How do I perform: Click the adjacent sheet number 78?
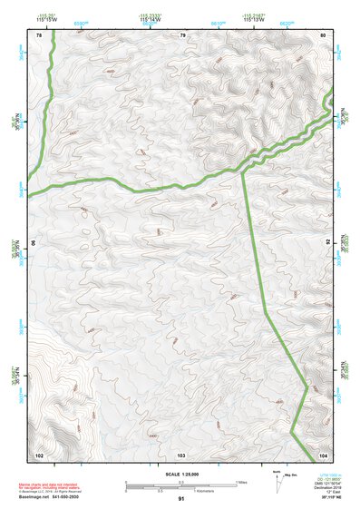39,35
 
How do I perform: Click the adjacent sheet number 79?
182,35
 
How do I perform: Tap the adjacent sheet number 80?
323,35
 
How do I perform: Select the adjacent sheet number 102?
39,454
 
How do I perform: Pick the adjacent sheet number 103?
181,454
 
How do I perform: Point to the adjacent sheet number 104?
323,454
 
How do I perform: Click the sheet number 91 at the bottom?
181,499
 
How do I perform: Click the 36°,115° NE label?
324,499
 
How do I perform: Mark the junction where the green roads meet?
242,169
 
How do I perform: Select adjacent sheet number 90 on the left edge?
34,243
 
